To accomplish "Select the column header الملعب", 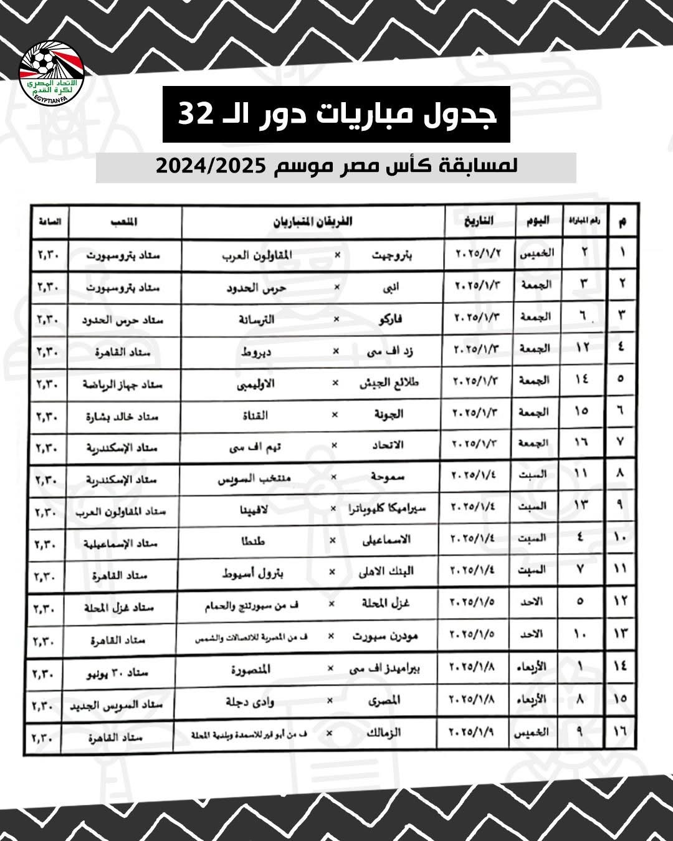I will point(125,222).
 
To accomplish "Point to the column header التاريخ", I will point(479,222).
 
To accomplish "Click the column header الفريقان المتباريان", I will point(313,222).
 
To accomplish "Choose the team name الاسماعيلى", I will point(386,540).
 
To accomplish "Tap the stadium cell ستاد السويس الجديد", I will point(118,704).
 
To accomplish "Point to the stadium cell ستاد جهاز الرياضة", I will point(123,384).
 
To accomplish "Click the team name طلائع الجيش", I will point(390,382).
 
